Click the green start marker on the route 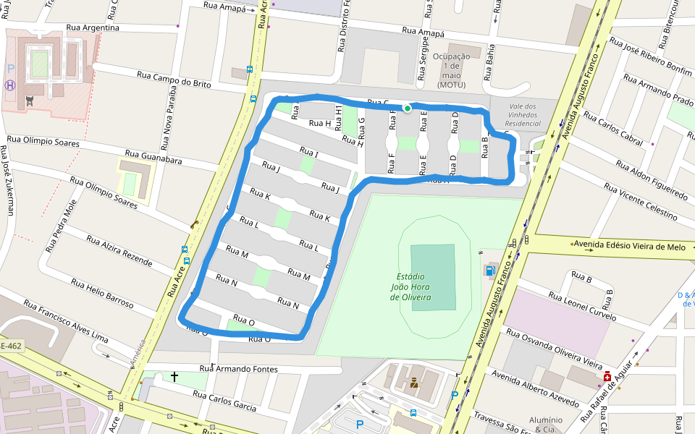(408, 109)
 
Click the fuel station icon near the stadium (489, 271)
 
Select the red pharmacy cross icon (607, 378)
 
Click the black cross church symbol (174, 377)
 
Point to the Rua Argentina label (91, 27)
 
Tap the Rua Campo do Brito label (174, 80)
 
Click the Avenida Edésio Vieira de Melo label (629, 247)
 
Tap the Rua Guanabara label (153, 157)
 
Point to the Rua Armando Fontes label (239, 369)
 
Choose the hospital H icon (9, 85)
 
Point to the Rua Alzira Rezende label (119, 249)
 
